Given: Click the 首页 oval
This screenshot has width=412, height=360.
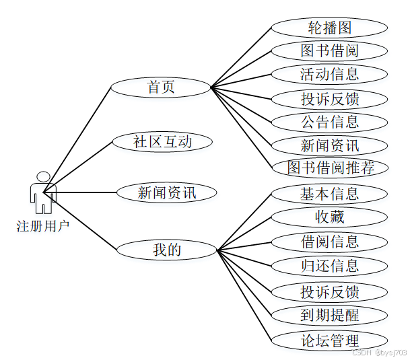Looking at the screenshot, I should (x=161, y=87).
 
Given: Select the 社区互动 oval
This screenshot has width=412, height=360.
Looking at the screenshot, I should (x=163, y=142).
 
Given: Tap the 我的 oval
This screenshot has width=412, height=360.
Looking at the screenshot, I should (x=167, y=250).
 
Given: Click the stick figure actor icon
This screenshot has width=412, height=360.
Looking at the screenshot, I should (x=43, y=192).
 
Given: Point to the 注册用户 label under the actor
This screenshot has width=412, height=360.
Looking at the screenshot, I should (x=43, y=225).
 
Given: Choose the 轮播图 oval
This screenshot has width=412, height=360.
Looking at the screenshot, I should (x=329, y=28).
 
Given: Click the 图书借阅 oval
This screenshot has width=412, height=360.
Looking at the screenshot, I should (x=329, y=51).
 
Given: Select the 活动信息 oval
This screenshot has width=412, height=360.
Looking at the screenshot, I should (x=329, y=74).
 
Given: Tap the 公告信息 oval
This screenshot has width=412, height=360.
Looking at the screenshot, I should (x=329, y=122).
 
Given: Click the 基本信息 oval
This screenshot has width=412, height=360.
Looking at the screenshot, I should (x=329, y=194).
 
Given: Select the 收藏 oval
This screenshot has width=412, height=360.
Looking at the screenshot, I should (x=329, y=217).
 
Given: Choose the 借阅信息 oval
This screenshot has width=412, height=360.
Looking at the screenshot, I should (x=329, y=242).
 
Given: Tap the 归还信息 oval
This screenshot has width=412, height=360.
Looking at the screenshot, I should (x=329, y=265).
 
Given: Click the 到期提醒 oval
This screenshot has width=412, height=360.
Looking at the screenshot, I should (x=329, y=314).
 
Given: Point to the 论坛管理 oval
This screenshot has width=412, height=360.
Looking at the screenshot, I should (x=329, y=339).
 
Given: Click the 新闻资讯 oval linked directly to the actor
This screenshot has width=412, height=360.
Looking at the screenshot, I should (x=167, y=193).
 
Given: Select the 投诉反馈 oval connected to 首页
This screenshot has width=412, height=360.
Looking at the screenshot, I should (x=329, y=99).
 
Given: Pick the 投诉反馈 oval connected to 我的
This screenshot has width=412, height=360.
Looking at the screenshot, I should (x=329, y=291).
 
